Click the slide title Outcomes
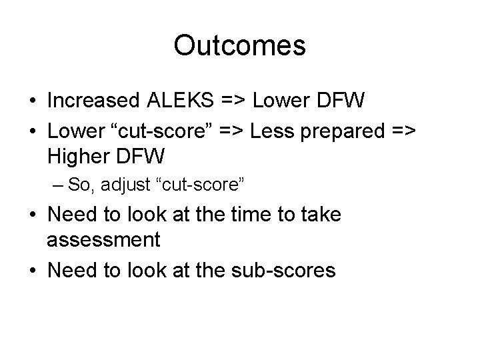pos(239,46)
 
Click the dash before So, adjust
pos(59,185)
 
